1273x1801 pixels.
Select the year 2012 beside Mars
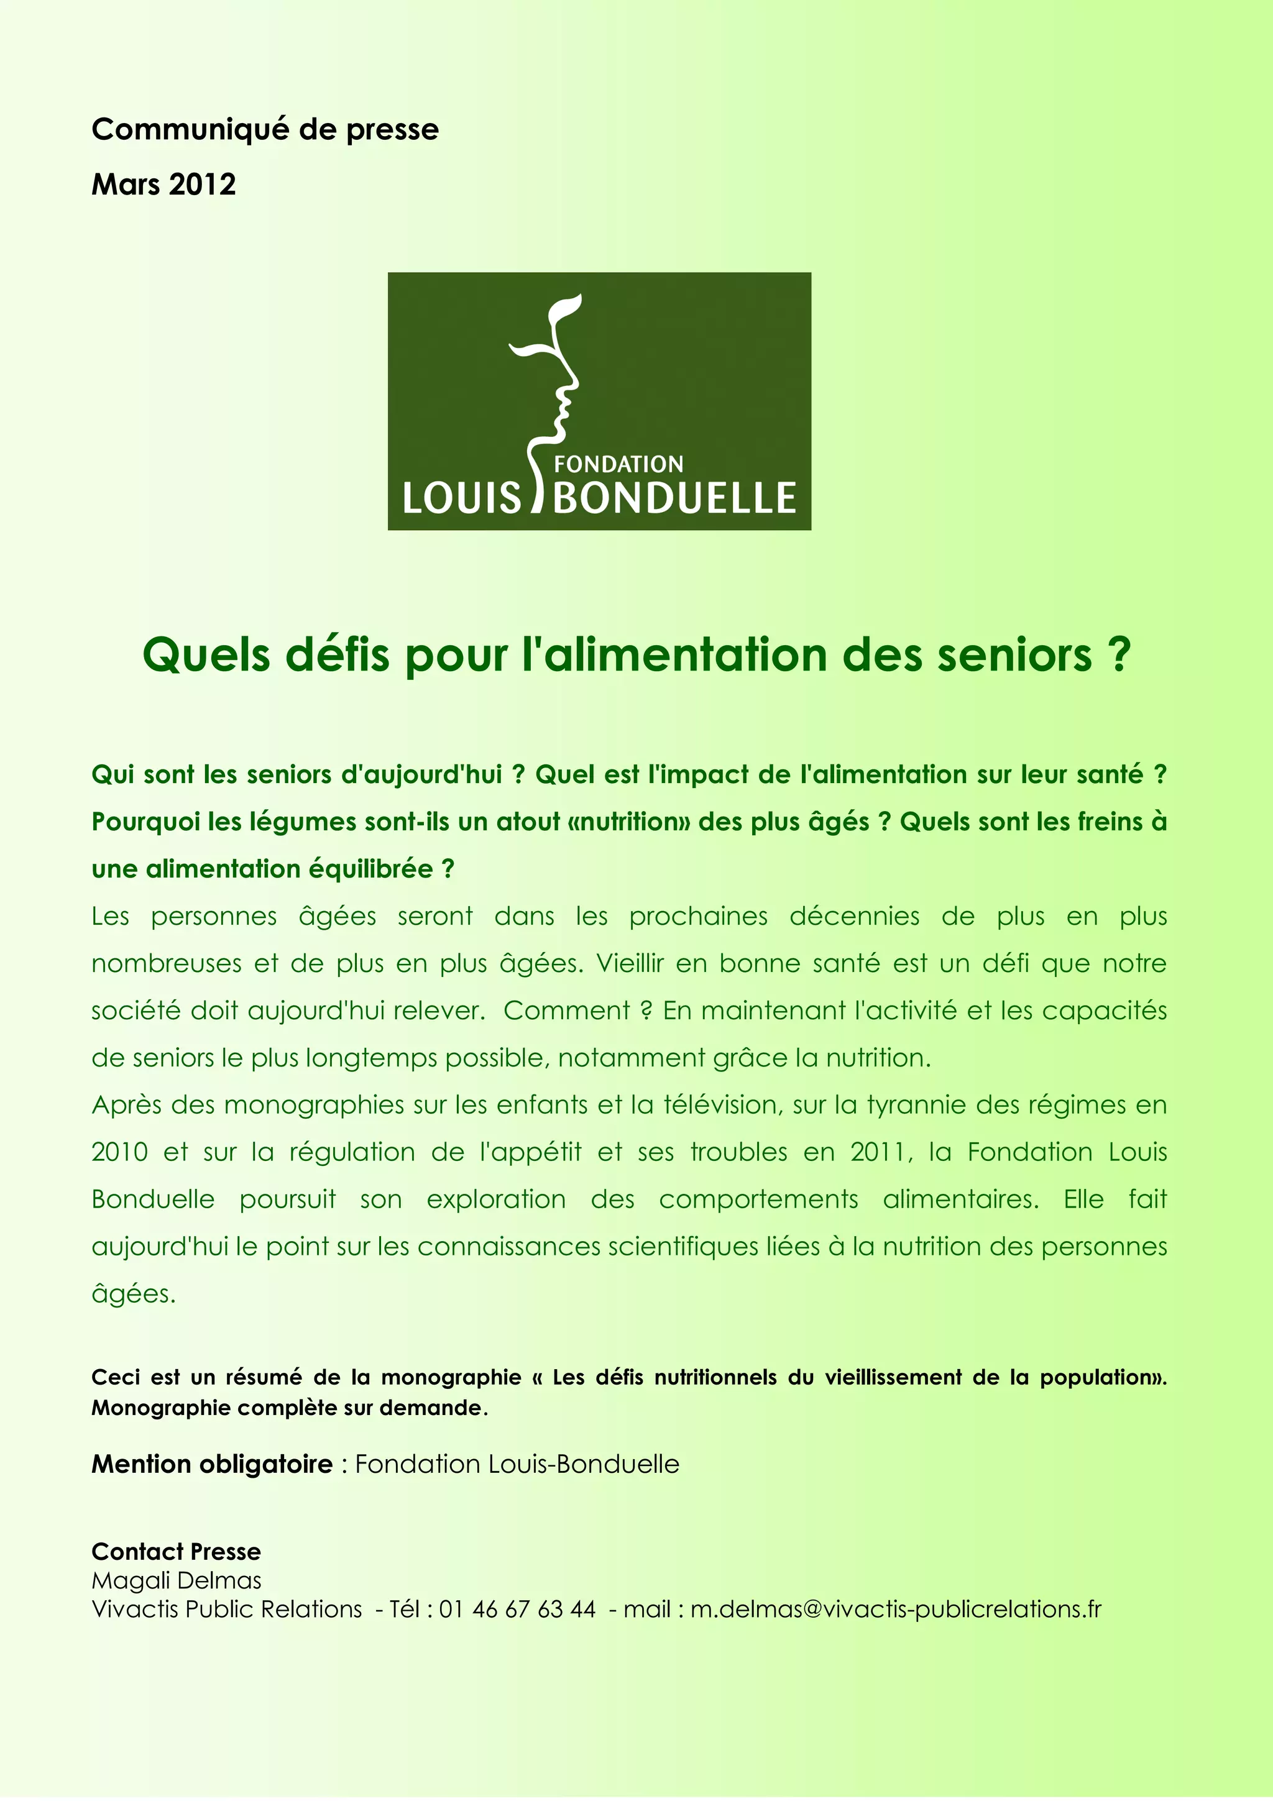pyautogui.click(x=203, y=185)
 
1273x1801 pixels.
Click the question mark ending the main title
pyautogui.click(x=1119, y=654)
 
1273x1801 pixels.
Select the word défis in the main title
pyautogui.click(x=342, y=654)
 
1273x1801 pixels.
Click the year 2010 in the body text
pyautogui.click(x=119, y=1152)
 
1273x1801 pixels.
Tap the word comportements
pyautogui.click(x=758, y=1199)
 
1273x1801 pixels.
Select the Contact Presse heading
pyautogui.click(x=177, y=1552)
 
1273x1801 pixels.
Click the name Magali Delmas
pyautogui.click(x=177, y=1580)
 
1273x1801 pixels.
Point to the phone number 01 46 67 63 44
pyautogui.click(x=518, y=1610)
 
